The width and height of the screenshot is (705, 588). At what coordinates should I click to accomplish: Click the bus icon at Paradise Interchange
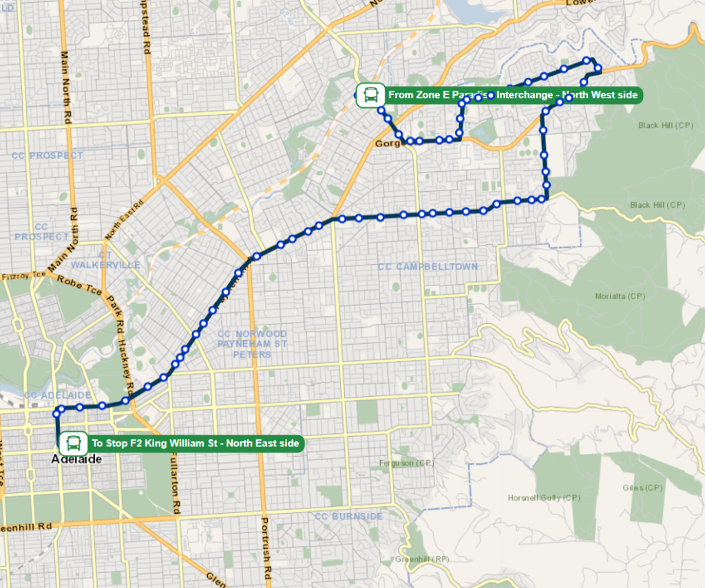[x=371, y=95]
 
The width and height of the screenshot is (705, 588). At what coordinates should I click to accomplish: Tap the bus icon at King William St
[x=73, y=444]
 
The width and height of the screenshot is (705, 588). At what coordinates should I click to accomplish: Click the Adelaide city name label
[x=77, y=459]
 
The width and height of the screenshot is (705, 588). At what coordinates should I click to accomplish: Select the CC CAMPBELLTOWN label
[x=428, y=267]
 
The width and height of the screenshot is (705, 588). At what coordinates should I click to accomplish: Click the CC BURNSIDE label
[x=348, y=516]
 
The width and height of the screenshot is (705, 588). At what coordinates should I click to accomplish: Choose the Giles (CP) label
[x=642, y=488]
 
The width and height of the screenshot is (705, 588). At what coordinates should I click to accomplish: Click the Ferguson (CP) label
[x=406, y=463]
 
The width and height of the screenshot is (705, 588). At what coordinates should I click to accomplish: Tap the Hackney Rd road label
[x=125, y=357]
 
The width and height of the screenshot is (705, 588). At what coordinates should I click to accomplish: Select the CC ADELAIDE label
[x=57, y=395]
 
